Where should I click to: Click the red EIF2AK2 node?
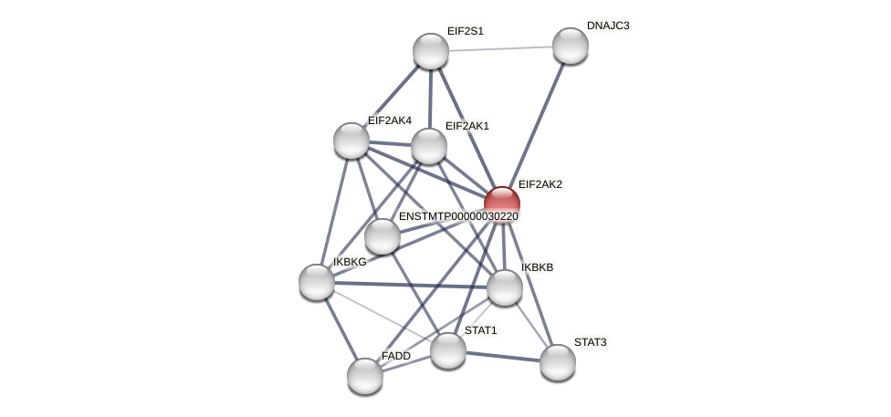pos(501,200)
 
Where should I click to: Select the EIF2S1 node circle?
pos(430,51)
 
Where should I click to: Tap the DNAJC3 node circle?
pos(570,46)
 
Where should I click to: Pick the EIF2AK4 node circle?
pos(351,141)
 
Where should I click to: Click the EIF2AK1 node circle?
pos(428,146)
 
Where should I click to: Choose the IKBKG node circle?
pos(317,282)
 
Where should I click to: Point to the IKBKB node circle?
pos(504,287)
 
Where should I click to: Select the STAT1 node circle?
pos(447,350)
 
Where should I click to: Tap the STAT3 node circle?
pos(557,362)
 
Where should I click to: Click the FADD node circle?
pos(365,376)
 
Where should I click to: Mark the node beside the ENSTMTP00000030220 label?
pos(383,236)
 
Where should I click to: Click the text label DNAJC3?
pos(607,26)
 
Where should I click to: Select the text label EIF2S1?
pos(465,31)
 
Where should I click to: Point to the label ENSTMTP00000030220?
pos(457,216)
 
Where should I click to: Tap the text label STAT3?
pos(590,342)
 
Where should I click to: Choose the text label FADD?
pos(395,356)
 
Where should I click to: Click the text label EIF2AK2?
pos(540,184)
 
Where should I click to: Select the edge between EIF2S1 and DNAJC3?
pos(500,48)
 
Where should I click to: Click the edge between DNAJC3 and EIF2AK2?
pos(536,122)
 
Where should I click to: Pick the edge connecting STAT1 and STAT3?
pos(502,356)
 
